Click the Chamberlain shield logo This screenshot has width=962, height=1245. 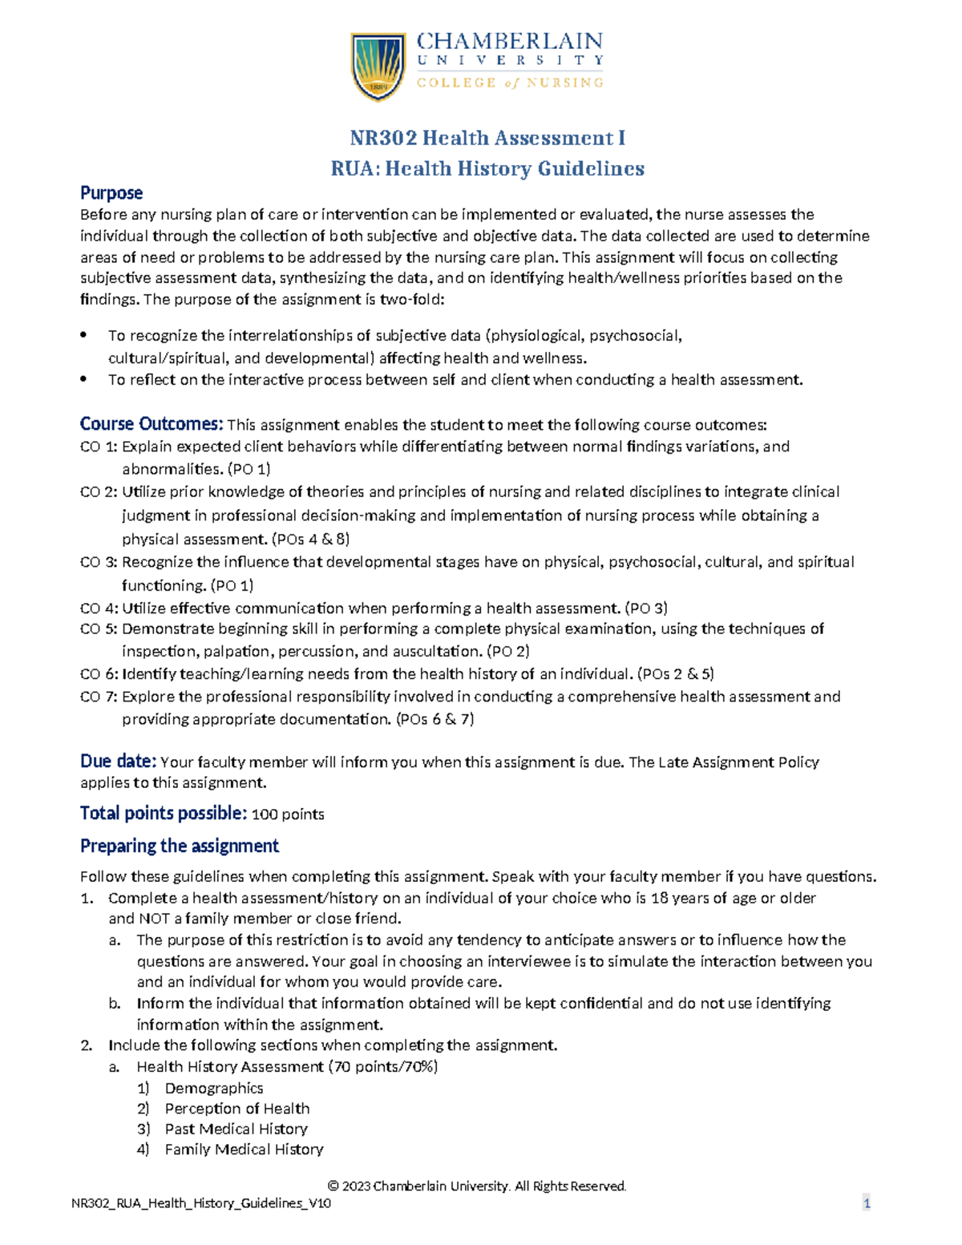[378, 66]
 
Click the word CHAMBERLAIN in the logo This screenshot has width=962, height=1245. [510, 42]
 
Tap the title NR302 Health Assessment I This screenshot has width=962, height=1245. [487, 138]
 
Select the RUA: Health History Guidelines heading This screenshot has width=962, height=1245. [487, 168]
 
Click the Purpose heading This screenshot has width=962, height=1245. [111, 193]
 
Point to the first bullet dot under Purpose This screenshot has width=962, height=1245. [84, 335]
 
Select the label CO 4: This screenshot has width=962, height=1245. [99, 608]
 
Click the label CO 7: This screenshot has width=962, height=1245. [99, 697]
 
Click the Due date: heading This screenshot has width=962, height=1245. [118, 761]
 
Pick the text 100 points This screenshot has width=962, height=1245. [288, 815]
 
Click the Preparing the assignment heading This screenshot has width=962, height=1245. [180, 846]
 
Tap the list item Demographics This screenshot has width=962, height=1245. [214, 1088]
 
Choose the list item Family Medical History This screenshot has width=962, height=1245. [244, 1150]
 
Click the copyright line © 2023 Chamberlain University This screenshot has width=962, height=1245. [477, 1186]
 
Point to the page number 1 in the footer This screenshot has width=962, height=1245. [867, 1203]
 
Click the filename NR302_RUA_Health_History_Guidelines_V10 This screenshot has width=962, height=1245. [201, 1203]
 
